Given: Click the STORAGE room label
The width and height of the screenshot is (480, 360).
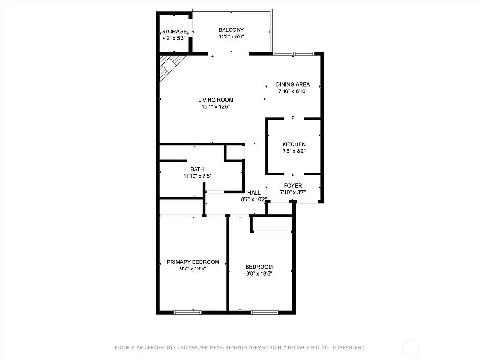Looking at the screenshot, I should [174, 31].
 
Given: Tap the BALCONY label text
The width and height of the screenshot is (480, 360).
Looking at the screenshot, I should [231, 30].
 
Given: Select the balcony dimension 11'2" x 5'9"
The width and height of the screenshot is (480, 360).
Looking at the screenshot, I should [231, 37].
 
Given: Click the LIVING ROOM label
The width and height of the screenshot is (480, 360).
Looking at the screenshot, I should [216, 100].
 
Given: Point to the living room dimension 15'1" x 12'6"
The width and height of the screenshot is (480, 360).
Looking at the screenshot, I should [216, 106].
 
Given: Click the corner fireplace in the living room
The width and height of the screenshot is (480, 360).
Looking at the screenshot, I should [170, 66].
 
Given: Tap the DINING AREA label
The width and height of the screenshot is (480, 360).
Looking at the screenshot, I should [293, 85].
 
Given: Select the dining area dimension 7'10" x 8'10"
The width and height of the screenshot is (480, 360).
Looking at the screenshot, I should [293, 91].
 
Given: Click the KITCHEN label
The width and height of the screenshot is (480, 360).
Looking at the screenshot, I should [294, 144].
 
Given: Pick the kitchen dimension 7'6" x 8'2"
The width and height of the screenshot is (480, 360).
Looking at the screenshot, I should [294, 151].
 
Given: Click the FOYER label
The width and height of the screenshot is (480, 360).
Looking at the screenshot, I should [293, 186].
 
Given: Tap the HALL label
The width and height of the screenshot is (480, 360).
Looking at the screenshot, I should [254, 193].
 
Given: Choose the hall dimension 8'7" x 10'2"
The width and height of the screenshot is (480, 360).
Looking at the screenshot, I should [254, 199].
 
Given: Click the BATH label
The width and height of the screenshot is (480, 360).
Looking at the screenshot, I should [197, 170].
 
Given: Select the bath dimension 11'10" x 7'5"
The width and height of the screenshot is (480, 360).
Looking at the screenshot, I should [197, 176].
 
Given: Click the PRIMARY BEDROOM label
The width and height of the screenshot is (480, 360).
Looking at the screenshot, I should [193, 262].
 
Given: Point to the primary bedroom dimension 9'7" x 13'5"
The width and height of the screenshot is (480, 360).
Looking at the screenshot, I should [193, 269].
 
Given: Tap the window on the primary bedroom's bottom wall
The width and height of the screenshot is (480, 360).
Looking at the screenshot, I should [187, 312].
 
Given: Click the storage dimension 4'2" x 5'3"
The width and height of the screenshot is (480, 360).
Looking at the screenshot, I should [174, 38].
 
